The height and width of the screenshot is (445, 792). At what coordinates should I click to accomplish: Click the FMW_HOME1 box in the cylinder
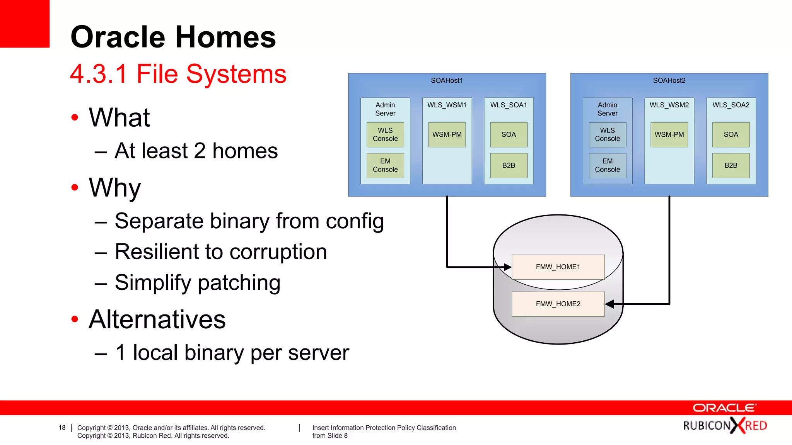click(x=558, y=267)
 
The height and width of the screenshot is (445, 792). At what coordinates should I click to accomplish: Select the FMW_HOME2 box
click(x=558, y=304)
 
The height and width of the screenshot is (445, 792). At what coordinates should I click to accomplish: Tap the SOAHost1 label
click(x=447, y=80)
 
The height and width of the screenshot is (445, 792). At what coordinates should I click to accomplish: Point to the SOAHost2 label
click(x=669, y=80)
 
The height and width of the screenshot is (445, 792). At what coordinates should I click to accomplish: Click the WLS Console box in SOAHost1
click(x=385, y=134)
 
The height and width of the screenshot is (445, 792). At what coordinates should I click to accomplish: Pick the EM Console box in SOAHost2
click(x=607, y=165)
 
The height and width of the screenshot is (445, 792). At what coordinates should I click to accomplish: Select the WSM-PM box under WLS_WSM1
click(x=447, y=134)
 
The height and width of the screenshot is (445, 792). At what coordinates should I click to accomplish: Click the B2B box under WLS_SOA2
click(x=731, y=165)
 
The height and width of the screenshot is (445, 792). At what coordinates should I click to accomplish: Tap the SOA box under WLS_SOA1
click(x=509, y=134)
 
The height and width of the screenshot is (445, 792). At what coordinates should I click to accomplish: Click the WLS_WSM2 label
click(x=669, y=105)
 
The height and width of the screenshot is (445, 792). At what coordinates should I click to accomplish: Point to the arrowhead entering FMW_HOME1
click(x=507, y=267)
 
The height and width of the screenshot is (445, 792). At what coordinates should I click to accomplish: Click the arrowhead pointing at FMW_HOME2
click(x=610, y=304)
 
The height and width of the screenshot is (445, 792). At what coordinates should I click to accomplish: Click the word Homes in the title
click(x=226, y=37)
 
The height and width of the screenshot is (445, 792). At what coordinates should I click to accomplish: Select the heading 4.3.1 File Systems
click(x=178, y=74)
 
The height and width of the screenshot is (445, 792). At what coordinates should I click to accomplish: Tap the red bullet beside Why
click(x=75, y=188)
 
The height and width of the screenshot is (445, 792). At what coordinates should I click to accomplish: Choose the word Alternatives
click(x=157, y=319)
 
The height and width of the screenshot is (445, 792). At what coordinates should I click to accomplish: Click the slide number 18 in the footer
click(x=62, y=428)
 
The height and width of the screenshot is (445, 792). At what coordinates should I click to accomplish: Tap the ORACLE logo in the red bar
click(x=724, y=408)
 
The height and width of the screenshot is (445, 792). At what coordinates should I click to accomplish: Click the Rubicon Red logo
click(x=725, y=426)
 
